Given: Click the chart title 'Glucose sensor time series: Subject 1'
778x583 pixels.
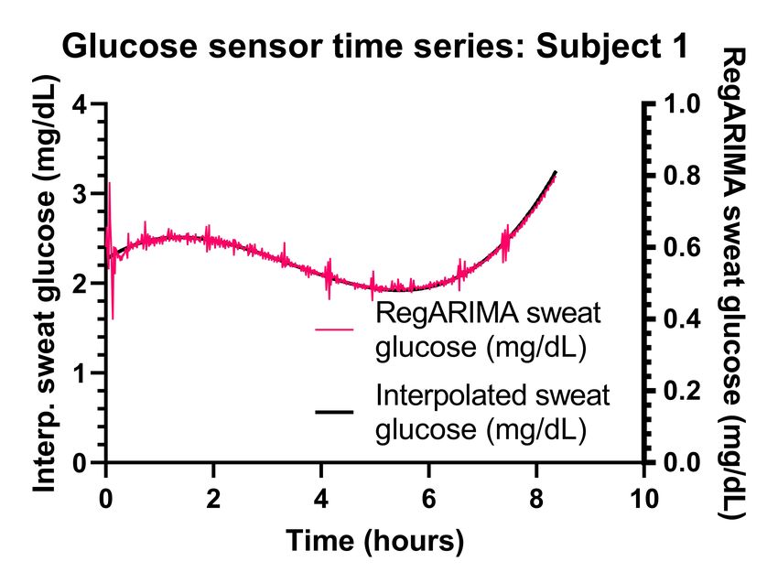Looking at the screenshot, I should pyautogui.click(x=373, y=47).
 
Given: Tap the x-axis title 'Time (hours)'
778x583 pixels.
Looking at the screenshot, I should pyautogui.click(x=374, y=540).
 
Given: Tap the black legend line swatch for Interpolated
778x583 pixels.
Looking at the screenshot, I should pyautogui.click(x=334, y=412).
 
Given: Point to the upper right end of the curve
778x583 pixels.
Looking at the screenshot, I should pyautogui.click(x=555, y=172).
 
